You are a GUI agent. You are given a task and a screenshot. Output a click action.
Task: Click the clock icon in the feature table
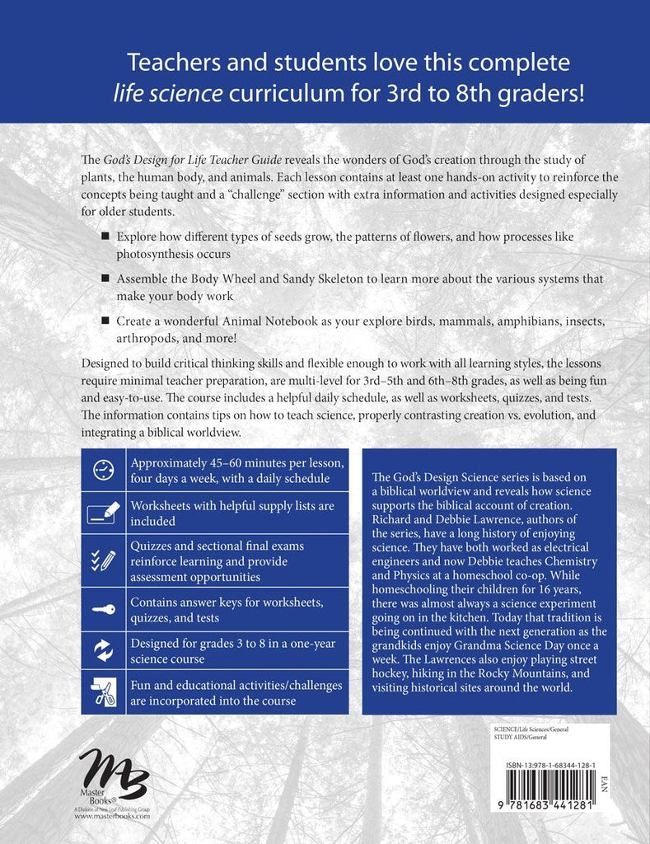[x=104, y=469]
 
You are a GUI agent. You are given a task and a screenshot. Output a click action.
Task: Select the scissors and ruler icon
[x=104, y=693]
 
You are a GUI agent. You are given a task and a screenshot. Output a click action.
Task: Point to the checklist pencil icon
[x=104, y=559]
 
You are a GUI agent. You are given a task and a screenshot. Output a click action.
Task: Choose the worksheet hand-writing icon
[x=104, y=513]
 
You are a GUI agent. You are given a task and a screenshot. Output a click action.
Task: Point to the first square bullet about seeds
[x=105, y=237]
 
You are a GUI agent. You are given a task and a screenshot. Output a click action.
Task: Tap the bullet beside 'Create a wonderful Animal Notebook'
[x=105, y=319]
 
